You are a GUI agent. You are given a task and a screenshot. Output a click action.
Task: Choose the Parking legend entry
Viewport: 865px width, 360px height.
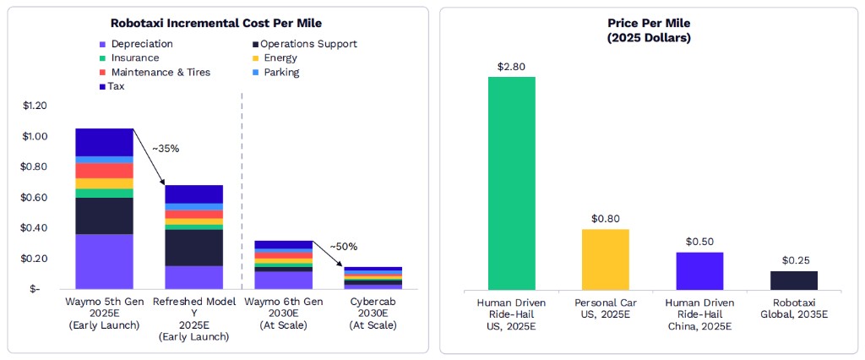point(280,73)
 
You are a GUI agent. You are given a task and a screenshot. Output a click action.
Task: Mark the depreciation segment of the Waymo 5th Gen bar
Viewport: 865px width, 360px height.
point(105,262)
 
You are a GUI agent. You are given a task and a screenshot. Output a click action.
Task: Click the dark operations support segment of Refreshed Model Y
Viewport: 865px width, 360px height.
point(193,248)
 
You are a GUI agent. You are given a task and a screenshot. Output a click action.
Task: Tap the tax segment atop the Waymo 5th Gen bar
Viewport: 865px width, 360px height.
point(105,142)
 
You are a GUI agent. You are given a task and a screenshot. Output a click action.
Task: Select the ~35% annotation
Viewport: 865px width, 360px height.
point(166,149)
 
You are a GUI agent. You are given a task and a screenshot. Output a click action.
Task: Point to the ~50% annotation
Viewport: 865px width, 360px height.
point(343,247)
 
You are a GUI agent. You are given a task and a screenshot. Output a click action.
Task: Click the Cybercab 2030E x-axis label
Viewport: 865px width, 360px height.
point(372,313)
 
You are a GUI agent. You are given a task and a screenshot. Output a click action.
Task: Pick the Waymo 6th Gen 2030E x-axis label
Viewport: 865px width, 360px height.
point(283,313)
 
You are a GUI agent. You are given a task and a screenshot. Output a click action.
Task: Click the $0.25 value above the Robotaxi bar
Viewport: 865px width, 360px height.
point(793,261)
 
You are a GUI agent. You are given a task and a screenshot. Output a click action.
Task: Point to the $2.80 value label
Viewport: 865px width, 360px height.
point(511,66)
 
